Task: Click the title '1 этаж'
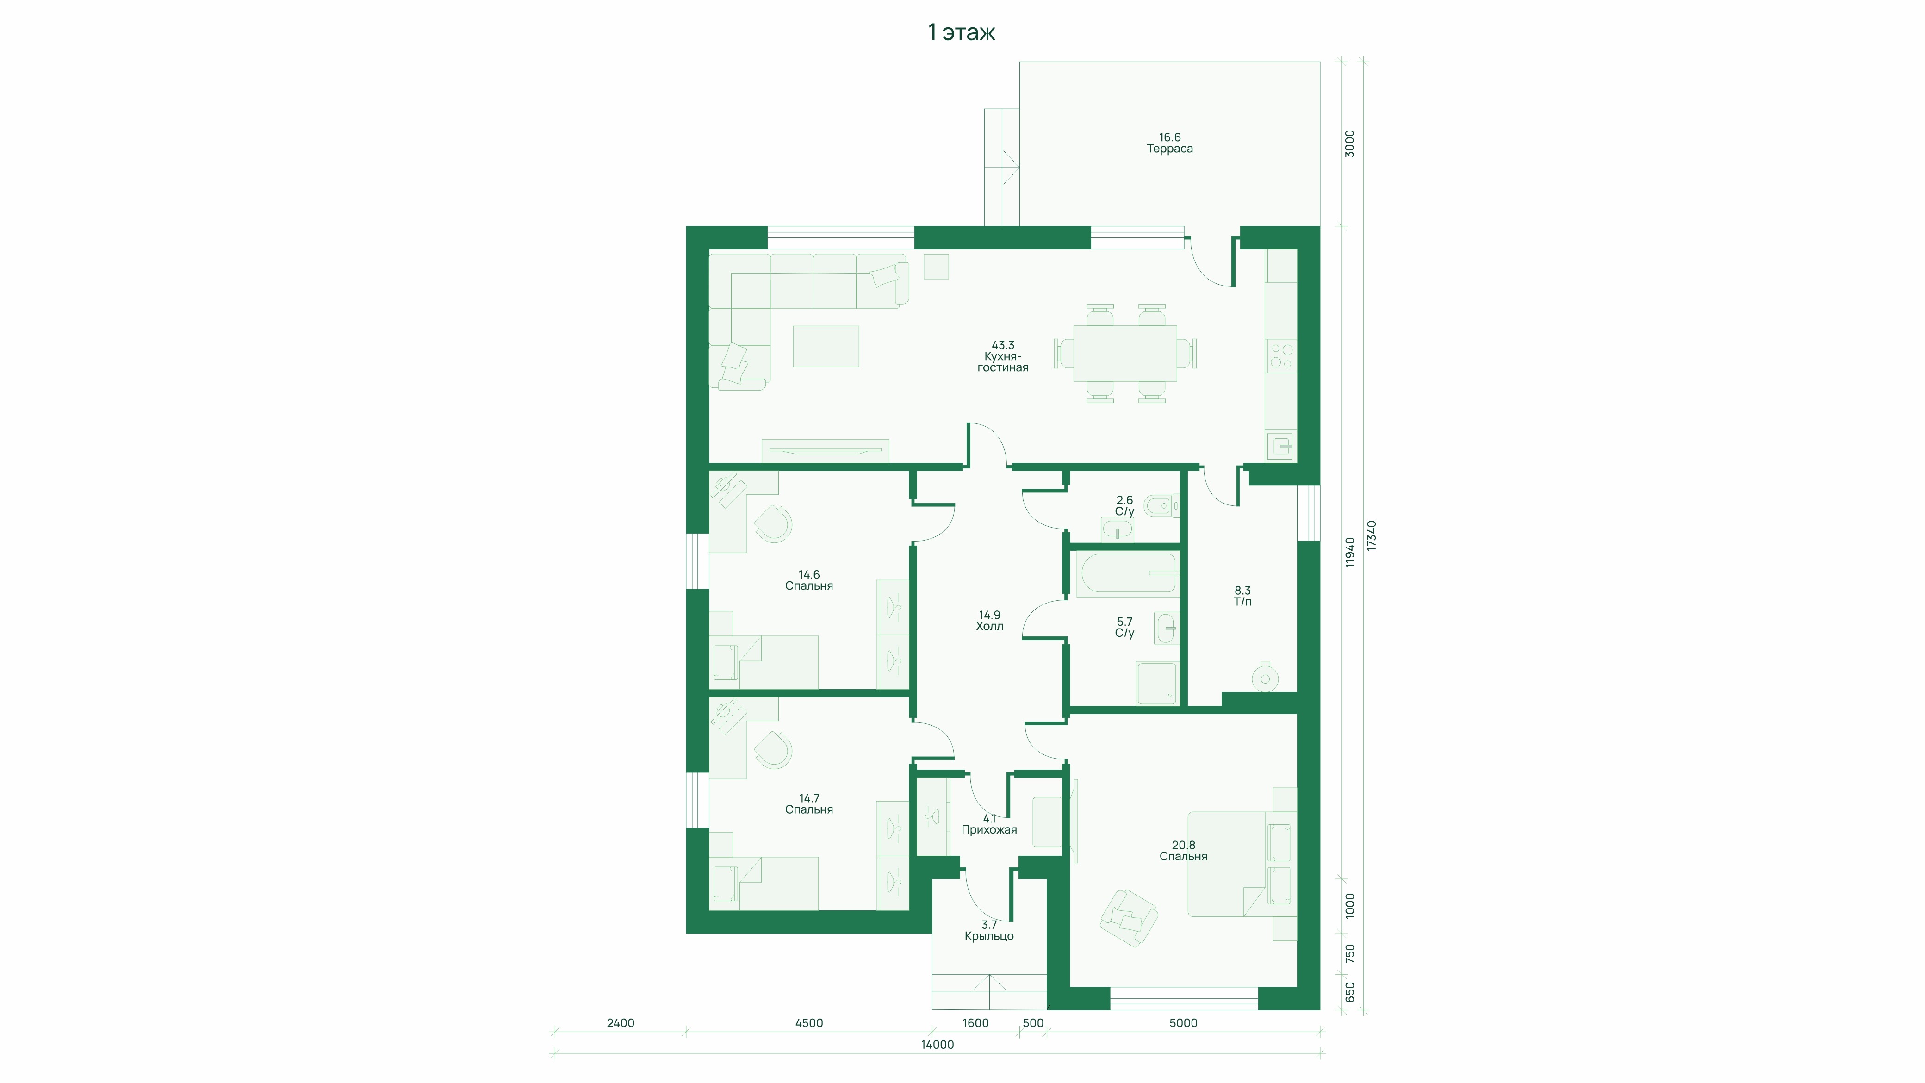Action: click(x=961, y=32)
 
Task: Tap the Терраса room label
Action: click(x=1169, y=149)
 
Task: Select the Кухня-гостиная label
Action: click(x=1003, y=362)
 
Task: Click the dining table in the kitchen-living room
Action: click(x=1124, y=353)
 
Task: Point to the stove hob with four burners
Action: click(x=1281, y=356)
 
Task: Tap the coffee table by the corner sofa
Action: click(x=826, y=346)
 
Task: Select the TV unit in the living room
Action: click(x=825, y=451)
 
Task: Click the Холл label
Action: click(x=989, y=626)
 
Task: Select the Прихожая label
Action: click(x=989, y=830)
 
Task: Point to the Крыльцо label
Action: click(x=989, y=936)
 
